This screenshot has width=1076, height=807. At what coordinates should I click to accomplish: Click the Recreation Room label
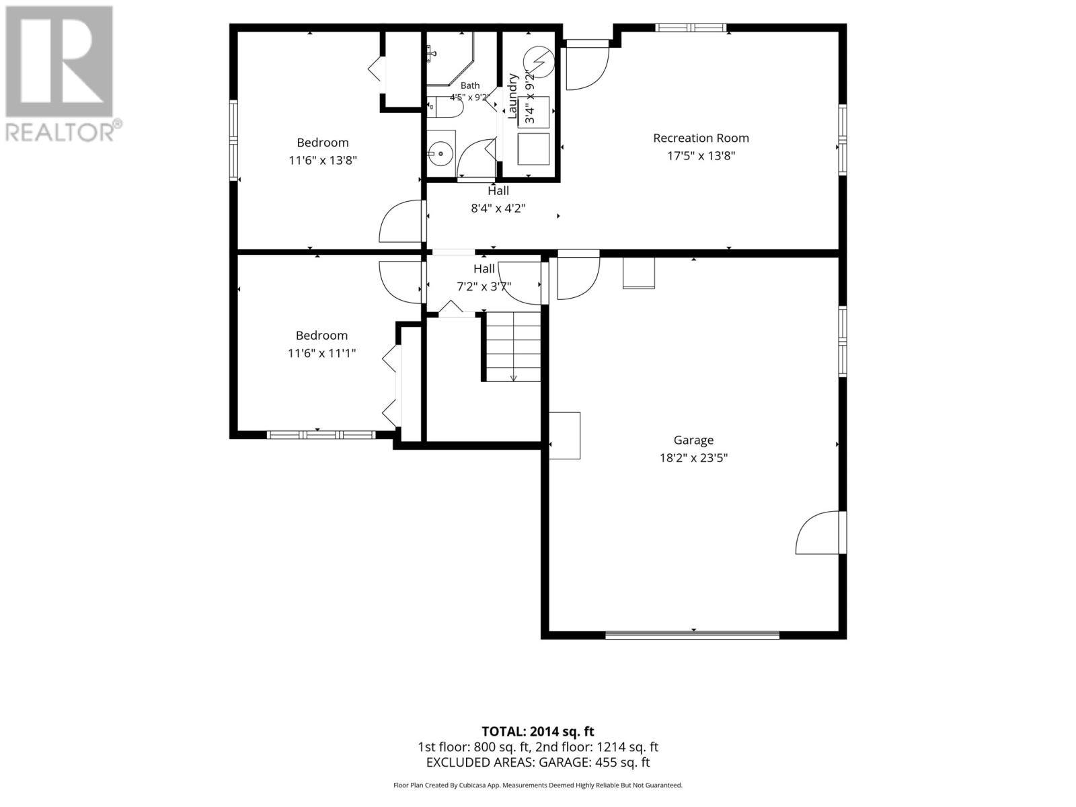(x=701, y=138)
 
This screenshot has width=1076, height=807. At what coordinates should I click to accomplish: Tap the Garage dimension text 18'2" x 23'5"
(x=693, y=458)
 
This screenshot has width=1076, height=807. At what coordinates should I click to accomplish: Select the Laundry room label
(x=512, y=96)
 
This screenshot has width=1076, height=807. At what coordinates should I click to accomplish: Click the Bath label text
(x=469, y=85)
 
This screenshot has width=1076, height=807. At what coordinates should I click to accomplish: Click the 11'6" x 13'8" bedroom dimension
(x=323, y=160)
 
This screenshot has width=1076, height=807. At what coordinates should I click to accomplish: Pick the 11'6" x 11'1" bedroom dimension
(x=321, y=353)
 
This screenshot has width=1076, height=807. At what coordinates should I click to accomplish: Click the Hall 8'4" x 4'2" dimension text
(x=498, y=208)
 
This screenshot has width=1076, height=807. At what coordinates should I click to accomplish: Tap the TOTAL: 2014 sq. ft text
(x=538, y=732)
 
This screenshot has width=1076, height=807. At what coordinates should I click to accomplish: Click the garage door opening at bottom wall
(x=692, y=635)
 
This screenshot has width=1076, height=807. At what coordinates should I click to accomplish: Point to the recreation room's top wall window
(x=691, y=28)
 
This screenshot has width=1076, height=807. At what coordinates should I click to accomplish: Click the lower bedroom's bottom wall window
(x=321, y=434)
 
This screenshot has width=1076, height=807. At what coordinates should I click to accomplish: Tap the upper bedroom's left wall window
(x=234, y=140)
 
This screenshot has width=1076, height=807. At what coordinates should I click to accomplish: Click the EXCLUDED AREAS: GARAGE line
(x=538, y=763)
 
